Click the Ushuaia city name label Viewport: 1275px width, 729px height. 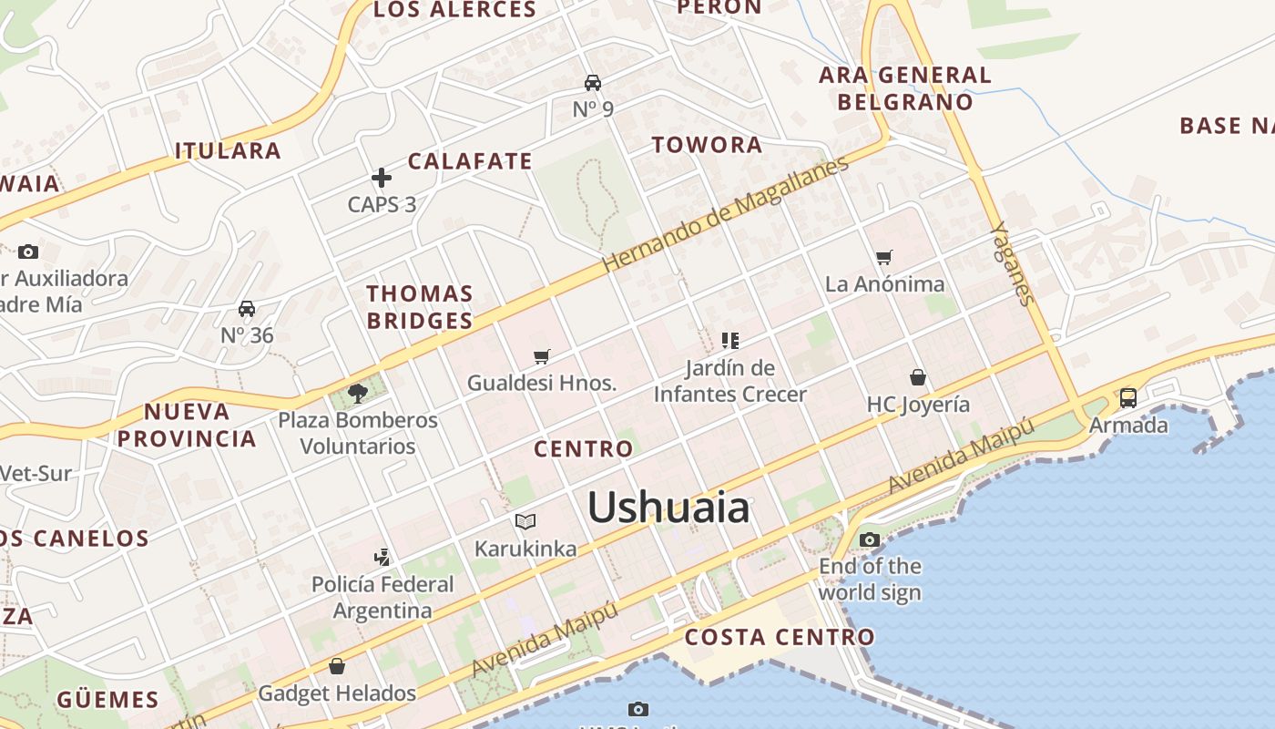pyautogui.click(x=668, y=508)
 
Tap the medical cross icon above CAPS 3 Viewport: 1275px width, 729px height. pyautogui.click(x=382, y=178)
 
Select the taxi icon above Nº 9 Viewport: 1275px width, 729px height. pyautogui.click(x=593, y=83)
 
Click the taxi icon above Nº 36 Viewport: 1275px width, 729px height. pyautogui.click(x=247, y=309)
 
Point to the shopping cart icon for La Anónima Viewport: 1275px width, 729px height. pyautogui.click(x=883, y=258)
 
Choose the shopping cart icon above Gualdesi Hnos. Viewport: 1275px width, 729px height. pyautogui.click(x=542, y=356)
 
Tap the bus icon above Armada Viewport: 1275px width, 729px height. pyautogui.click(x=1128, y=398)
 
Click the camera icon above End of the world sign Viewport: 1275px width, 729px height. pyautogui.click(x=870, y=539)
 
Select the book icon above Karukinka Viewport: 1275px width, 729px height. pyautogui.click(x=525, y=521)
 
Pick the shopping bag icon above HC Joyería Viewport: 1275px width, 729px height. pyautogui.click(x=918, y=377)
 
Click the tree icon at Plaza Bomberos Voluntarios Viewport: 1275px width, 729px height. pyautogui.click(x=358, y=393)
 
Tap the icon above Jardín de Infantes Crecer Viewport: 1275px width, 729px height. pyautogui.click(x=729, y=341)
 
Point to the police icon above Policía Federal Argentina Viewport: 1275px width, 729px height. pyautogui.click(x=382, y=557)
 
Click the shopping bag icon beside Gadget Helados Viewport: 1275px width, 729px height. pyautogui.click(x=337, y=666)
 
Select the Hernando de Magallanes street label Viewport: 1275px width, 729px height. pyautogui.click(x=725, y=214)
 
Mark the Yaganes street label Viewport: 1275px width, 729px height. pyautogui.click(x=1013, y=263)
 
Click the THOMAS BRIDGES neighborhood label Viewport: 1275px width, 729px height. pyautogui.click(x=420, y=307)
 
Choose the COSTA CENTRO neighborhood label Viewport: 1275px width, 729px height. pyautogui.click(x=780, y=637)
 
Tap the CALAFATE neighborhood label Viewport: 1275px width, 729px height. pyautogui.click(x=470, y=161)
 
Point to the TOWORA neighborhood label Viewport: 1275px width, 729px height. pyautogui.click(x=707, y=145)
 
